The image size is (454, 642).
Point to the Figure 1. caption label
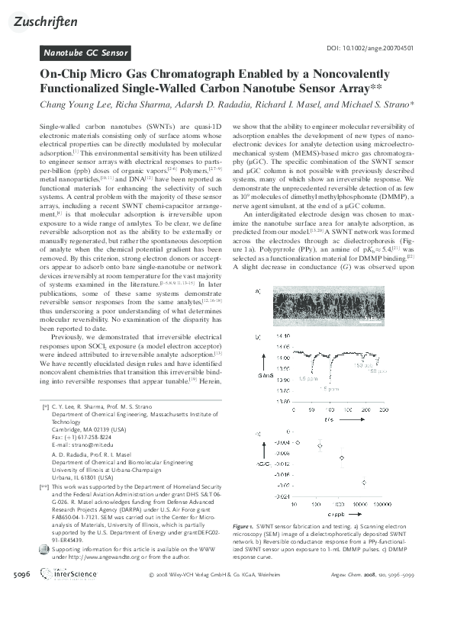point(246,526)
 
